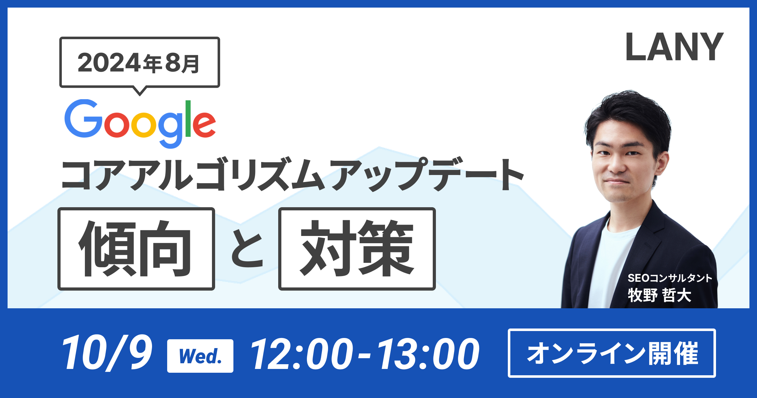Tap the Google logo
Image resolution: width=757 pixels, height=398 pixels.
click(x=140, y=124)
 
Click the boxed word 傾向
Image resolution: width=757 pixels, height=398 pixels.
click(x=136, y=249)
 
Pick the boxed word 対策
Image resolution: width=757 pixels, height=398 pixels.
click(x=357, y=249)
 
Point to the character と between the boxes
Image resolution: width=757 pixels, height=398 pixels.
click(x=247, y=249)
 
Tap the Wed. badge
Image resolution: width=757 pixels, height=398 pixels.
click(x=200, y=356)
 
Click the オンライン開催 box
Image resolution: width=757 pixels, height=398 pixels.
click(x=612, y=353)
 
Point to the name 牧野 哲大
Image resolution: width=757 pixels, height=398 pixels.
click(x=660, y=295)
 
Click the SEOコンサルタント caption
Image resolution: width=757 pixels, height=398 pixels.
click(x=670, y=278)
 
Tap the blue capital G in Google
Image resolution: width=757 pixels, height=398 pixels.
click(x=84, y=118)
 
